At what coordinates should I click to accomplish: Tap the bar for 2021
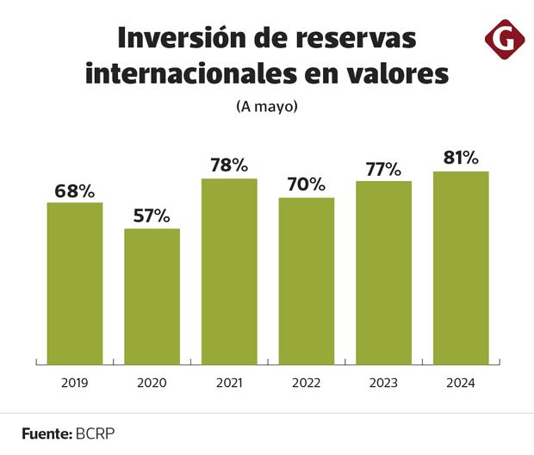click(229, 271)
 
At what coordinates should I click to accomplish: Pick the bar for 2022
click(306, 280)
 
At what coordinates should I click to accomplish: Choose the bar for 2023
click(383, 272)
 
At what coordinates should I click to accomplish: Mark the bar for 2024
click(461, 267)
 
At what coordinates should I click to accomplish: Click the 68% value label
click(75, 191)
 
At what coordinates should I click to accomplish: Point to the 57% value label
click(152, 216)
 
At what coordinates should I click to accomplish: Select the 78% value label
click(229, 165)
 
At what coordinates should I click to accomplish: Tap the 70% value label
click(306, 184)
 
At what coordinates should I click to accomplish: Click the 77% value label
click(383, 169)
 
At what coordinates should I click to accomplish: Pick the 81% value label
click(461, 158)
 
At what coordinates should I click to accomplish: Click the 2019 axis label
click(75, 382)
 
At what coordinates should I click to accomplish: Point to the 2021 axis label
click(229, 382)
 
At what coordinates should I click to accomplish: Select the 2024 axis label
click(461, 382)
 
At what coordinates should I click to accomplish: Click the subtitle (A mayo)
click(266, 107)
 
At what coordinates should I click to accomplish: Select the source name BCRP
click(95, 433)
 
